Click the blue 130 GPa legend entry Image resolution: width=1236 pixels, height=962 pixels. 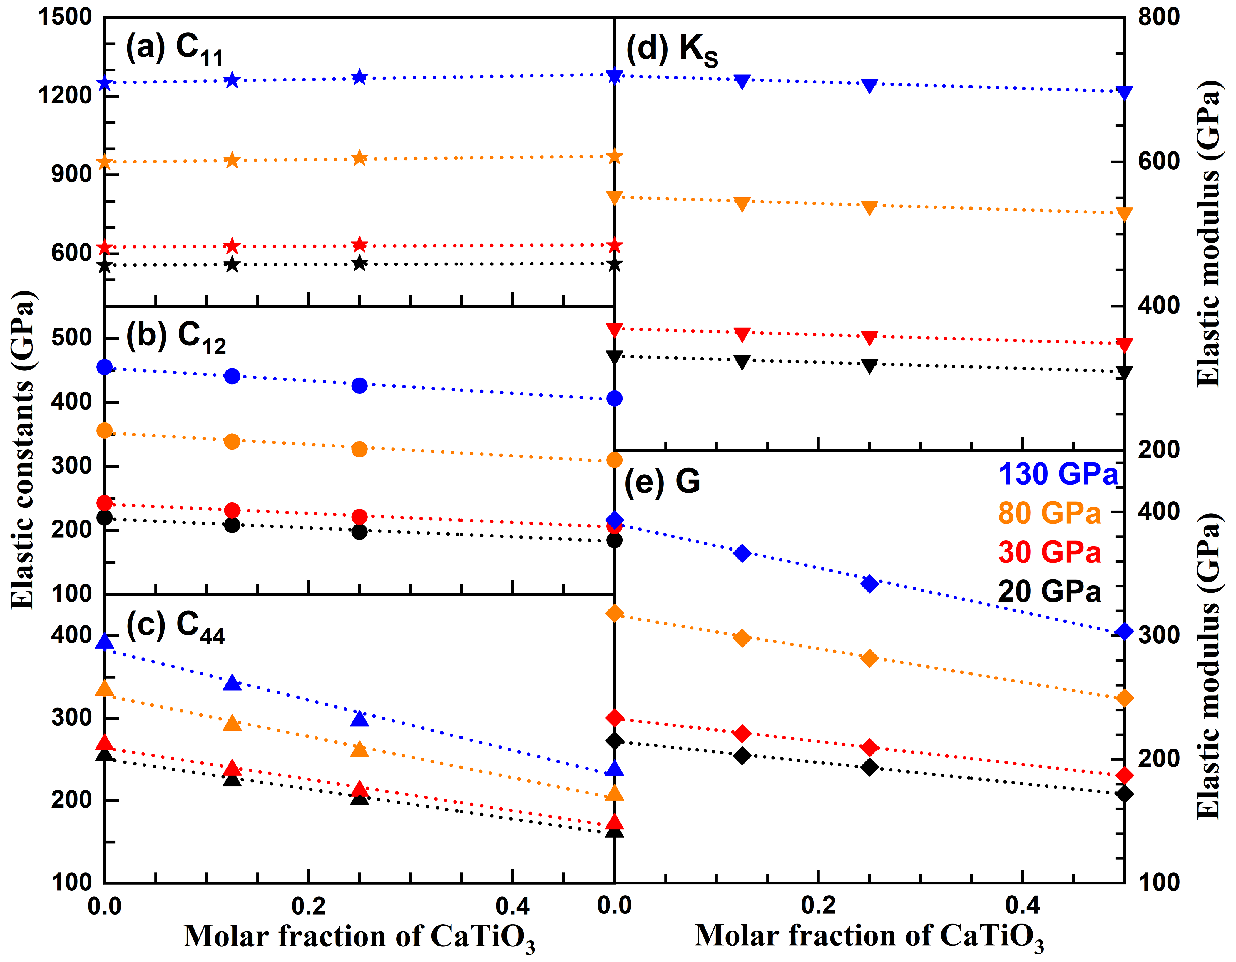tap(1058, 474)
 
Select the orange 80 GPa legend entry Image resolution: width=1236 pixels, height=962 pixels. tap(1049, 513)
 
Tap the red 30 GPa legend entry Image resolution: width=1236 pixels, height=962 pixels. tap(1049, 552)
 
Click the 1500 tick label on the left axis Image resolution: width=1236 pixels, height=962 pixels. tap(65, 17)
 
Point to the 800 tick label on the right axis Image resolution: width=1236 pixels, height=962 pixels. tap(1159, 17)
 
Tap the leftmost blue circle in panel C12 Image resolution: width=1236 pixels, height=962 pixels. tap(105, 368)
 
